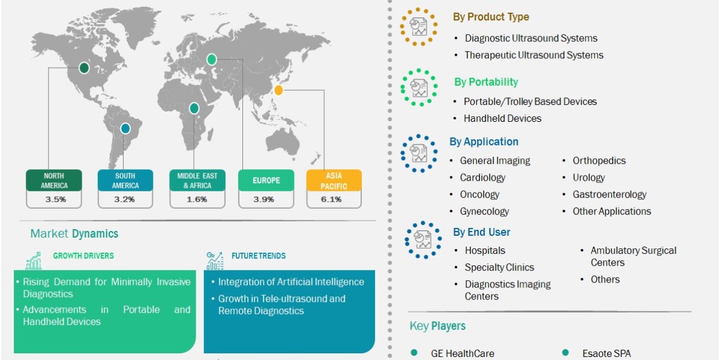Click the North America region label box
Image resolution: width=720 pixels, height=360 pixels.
55,180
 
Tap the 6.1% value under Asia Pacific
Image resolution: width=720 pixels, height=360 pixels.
334,199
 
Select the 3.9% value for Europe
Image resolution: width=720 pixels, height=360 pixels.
265,199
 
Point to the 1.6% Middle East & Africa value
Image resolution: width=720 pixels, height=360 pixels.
197,199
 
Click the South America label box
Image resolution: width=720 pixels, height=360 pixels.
125,180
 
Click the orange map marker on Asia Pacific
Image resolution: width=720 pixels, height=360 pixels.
278,91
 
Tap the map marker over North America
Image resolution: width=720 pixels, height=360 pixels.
85,68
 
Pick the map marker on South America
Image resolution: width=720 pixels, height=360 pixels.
125,128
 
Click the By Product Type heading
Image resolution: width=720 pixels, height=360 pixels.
491,17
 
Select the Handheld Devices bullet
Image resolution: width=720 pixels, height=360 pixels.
502,118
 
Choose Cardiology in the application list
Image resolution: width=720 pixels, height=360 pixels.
482,178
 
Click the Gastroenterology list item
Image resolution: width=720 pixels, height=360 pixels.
609,194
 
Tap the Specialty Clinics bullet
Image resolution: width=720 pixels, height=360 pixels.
499,267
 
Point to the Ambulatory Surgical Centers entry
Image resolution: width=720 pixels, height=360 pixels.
633,256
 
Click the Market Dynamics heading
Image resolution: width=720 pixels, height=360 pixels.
74,233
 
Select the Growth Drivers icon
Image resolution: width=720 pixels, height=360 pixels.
34,260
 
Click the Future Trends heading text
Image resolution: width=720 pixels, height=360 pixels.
259,256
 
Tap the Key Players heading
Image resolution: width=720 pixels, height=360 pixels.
437,326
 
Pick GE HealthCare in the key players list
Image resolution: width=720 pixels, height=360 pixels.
462,353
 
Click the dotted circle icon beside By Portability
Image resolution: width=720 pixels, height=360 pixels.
419,87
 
